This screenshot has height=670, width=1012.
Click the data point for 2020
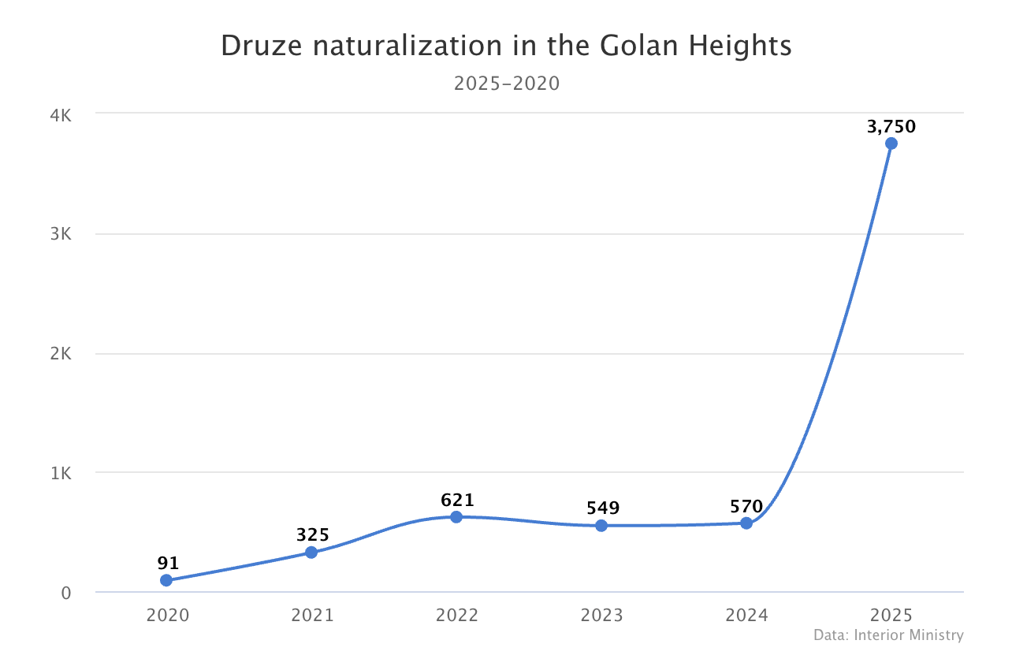coord(166,580)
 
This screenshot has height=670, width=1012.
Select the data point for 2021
coord(311,552)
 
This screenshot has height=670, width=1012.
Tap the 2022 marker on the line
coord(456,517)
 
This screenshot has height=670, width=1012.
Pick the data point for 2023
coord(601,526)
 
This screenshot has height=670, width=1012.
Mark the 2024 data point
coord(746,523)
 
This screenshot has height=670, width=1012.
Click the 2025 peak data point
coord(891,143)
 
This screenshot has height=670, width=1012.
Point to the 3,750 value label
coord(891,127)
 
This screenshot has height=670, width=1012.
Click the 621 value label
coord(457,500)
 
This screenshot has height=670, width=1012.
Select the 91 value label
coord(168,563)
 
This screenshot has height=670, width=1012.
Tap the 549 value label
coord(603,508)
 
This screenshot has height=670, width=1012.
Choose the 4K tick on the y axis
coord(61,116)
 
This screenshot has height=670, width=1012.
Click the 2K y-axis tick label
coord(61,354)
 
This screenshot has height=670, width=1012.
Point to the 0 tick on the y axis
coord(66,594)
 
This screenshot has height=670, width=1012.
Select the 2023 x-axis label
coord(602,616)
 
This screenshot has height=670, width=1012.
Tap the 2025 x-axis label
coord(891,616)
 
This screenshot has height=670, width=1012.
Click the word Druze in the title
coord(262,46)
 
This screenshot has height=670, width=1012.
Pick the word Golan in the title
coord(639,46)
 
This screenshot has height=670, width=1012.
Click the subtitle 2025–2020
coord(507,84)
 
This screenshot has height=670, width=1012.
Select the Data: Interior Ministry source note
coord(889,635)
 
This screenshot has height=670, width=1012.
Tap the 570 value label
coord(746,507)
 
